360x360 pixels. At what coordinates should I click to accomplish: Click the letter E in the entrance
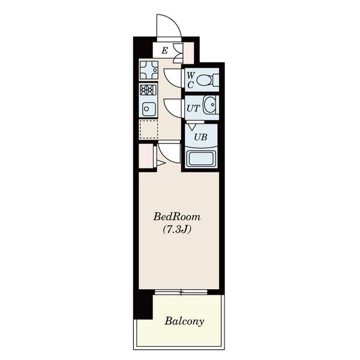[164, 50]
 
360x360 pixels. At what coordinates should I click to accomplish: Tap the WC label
[191, 80]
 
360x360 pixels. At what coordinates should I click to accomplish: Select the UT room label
[193, 108]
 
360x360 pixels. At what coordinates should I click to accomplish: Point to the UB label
[200, 137]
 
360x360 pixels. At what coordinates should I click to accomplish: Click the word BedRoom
[177, 217]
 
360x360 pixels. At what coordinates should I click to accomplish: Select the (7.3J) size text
[177, 229]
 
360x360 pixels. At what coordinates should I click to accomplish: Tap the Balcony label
[184, 321]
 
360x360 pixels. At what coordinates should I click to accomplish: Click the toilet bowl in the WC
[205, 80]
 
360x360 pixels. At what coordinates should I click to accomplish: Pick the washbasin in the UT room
[210, 105]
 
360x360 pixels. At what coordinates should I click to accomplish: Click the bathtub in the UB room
[201, 158]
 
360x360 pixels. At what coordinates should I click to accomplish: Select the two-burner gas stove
[148, 90]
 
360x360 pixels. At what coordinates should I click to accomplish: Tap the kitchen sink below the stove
[148, 109]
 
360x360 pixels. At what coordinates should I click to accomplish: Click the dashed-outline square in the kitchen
[149, 129]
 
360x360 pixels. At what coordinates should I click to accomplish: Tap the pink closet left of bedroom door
[146, 156]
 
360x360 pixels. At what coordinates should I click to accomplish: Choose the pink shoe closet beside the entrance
[188, 53]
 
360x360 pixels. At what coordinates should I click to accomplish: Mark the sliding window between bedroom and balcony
[181, 292]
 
